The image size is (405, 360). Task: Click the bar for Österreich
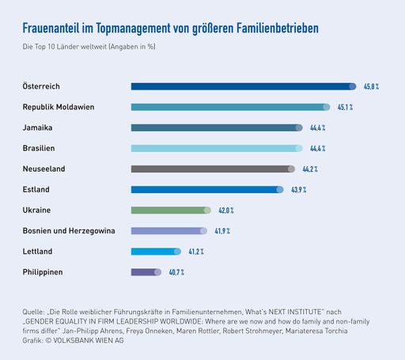click(x=244, y=86)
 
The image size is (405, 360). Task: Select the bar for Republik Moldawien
click(x=230, y=107)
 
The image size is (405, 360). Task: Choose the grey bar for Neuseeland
click(x=213, y=169)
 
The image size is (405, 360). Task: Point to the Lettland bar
click(x=156, y=252)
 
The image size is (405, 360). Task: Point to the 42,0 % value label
click(x=225, y=210)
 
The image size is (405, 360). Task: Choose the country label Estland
click(x=37, y=190)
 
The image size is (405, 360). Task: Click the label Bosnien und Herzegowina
click(x=70, y=231)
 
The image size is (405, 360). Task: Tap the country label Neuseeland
click(x=44, y=169)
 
